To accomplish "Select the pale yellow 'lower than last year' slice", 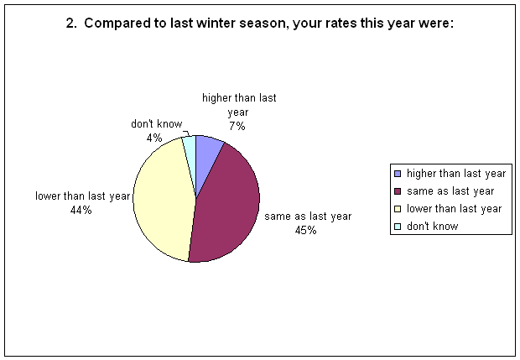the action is click(163, 199).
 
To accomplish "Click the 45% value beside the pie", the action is click(305, 230).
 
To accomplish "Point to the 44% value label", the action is click(81, 210).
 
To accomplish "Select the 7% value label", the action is click(237, 126).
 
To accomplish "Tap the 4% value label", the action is click(154, 138).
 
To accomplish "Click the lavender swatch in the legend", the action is click(398, 174).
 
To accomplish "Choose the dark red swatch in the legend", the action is click(398, 191).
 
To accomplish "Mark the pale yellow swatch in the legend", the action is click(398, 209).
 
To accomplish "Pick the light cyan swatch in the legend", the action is click(398, 227).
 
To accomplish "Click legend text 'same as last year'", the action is click(450, 191).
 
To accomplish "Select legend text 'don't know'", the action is click(433, 227).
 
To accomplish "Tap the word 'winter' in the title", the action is click(216, 23).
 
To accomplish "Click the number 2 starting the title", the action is click(70, 23).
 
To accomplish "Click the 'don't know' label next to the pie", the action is click(157, 124).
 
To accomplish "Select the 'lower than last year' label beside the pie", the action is click(82, 196).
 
